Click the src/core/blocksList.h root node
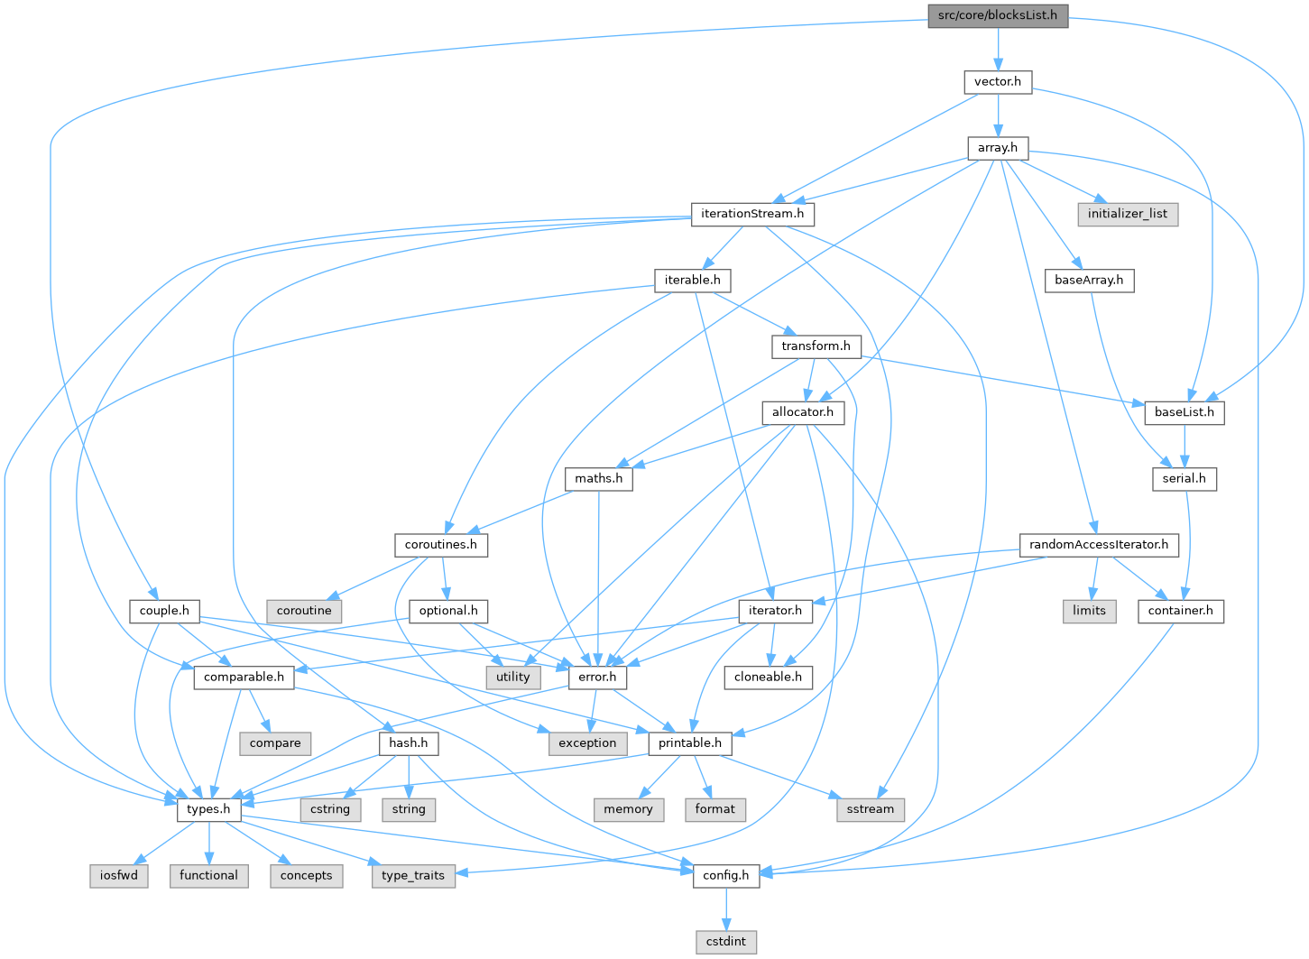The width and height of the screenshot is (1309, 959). (998, 15)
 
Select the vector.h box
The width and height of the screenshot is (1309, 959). (998, 81)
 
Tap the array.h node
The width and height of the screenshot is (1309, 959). (998, 147)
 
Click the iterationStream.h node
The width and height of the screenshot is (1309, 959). (753, 214)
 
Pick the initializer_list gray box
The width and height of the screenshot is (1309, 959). (1127, 214)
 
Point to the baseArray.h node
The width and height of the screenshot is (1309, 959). (1089, 280)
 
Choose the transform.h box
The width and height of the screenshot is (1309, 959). (816, 346)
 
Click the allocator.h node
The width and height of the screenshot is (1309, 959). (802, 412)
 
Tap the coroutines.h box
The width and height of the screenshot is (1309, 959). (441, 545)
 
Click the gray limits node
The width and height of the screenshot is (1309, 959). (1089, 611)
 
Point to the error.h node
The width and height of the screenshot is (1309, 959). (597, 677)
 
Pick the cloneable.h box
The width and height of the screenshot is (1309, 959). (768, 677)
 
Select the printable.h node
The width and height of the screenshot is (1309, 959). (690, 742)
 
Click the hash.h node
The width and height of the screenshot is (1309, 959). (409, 742)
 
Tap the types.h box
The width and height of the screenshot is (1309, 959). (208, 809)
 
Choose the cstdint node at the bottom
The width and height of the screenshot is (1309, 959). (726, 941)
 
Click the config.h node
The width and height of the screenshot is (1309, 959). (726, 875)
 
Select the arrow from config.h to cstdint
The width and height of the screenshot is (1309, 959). (726, 908)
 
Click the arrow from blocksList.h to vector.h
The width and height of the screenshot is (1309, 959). (998, 49)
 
